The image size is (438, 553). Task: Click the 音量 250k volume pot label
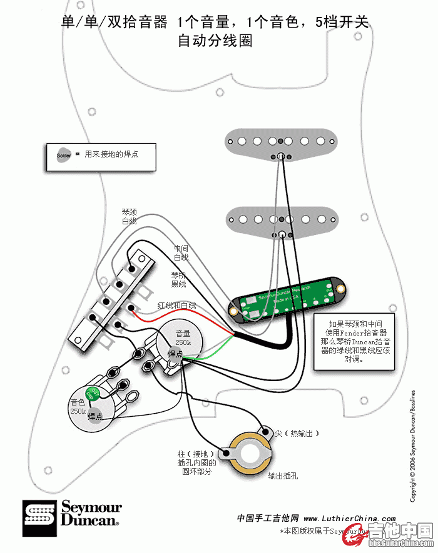point(183,338)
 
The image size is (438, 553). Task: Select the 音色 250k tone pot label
point(78,407)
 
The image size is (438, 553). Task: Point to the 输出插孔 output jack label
point(283,476)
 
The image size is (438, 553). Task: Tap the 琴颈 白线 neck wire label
point(129,217)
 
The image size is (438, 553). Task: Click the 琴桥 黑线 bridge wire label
point(178,279)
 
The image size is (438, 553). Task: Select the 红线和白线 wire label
point(177,305)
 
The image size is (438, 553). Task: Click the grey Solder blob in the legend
point(64,155)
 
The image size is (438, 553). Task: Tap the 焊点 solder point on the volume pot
point(175,354)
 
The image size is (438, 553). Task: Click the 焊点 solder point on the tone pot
point(95,416)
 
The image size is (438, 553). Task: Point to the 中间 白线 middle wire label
point(181,252)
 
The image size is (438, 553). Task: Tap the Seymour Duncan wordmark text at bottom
point(90,514)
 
